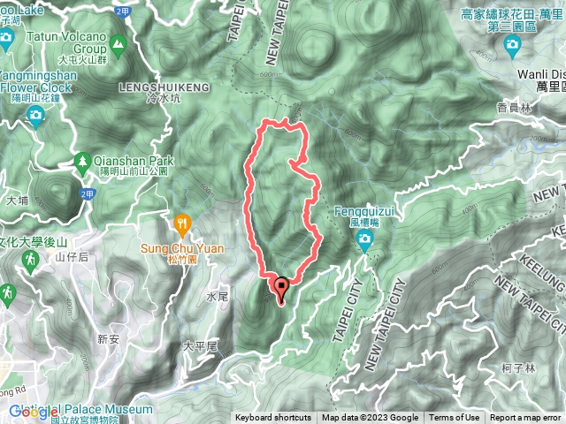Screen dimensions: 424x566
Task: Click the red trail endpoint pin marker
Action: click(x=282, y=288)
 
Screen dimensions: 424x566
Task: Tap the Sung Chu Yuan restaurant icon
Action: click(x=183, y=223)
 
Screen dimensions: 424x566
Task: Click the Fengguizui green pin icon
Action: click(x=364, y=242)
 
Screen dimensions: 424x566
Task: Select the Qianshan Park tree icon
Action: click(x=82, y=161)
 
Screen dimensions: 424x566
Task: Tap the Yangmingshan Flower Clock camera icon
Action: click(x=36, y=117)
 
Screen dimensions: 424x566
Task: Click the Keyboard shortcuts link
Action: click(x=273, y=418)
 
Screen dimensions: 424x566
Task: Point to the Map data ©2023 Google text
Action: click(x=370, y=418)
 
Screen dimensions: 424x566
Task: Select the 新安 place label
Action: click(x=108, y=338)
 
